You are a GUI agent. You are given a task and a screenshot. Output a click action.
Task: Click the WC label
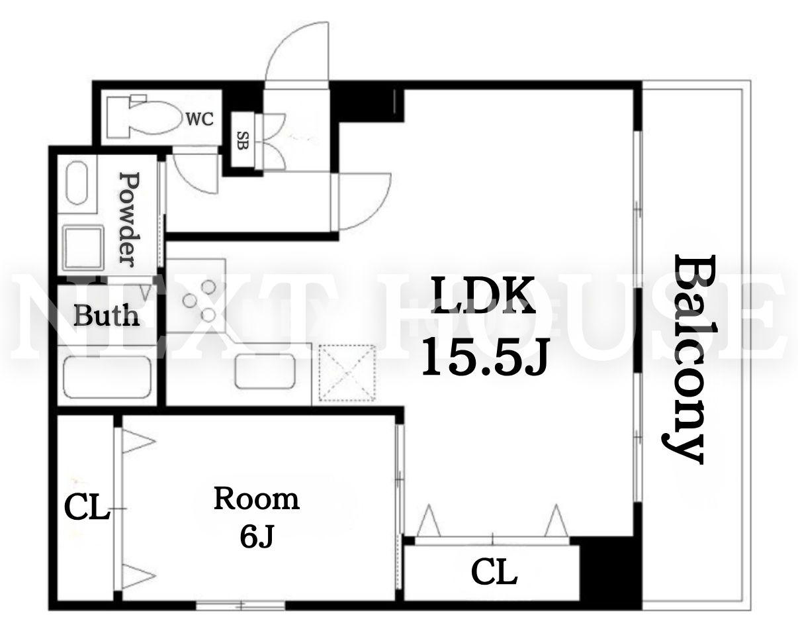click(200, 119)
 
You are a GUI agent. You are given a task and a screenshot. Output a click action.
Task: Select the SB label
click(242, 140)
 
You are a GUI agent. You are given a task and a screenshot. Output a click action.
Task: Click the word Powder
click(130, 219)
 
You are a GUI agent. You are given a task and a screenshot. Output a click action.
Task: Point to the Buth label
click(107, 315)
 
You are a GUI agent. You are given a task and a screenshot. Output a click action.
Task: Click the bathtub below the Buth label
click(108, 377)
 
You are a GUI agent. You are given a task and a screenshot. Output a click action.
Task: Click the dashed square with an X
click(347, 373)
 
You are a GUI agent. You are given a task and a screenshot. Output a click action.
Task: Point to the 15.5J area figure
click(484, 357)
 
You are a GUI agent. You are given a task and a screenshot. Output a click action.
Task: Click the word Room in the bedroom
click(257, 499)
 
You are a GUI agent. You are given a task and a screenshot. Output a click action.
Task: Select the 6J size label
click(257, 536)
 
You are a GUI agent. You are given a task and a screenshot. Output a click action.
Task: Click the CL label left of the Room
click(87, 508)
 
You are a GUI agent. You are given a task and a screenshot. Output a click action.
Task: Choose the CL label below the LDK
click(494, 572)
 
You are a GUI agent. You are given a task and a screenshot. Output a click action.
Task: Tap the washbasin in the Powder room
click(77, 183)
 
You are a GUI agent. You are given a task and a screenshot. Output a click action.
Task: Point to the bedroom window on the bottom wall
click(240, 606)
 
